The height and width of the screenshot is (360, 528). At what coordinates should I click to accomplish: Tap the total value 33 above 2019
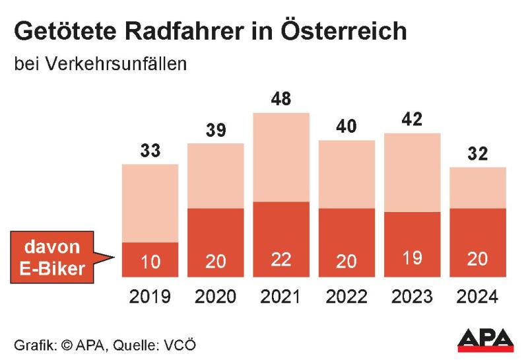click(150, 151)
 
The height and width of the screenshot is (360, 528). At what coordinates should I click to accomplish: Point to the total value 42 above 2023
click(412, 120)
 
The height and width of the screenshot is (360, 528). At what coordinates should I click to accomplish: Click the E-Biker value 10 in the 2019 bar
click(150, 262)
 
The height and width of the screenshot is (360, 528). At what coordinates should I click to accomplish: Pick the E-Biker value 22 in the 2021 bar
click(282, 260)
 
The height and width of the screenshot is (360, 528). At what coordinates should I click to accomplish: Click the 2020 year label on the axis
click(215, 297)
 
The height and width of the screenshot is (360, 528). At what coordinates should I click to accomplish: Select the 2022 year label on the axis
click(346, 297)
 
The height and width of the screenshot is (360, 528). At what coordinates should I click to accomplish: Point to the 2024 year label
click(477, 297)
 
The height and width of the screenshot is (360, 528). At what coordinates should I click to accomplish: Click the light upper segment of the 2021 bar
click(282, 157)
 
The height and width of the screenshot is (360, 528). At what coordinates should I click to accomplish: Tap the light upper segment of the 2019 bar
click(150, 203)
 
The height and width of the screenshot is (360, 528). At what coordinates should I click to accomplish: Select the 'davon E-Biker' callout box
click(52, 256)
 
